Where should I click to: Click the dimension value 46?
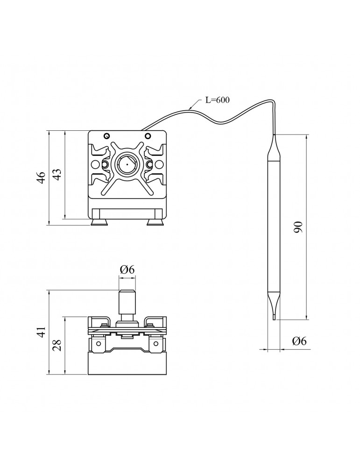point(41,177)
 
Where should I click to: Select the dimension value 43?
point(56,175)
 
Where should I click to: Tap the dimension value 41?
point(41,332)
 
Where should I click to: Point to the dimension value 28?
point(56,345)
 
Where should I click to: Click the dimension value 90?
point(299,227)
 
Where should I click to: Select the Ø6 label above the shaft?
point(127,269)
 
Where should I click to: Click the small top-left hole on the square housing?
point(107,136)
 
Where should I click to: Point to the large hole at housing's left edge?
point(95,165)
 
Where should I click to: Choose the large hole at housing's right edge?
point(159,165)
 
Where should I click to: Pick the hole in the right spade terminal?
point(155,346)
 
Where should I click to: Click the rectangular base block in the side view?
point(127,364)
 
